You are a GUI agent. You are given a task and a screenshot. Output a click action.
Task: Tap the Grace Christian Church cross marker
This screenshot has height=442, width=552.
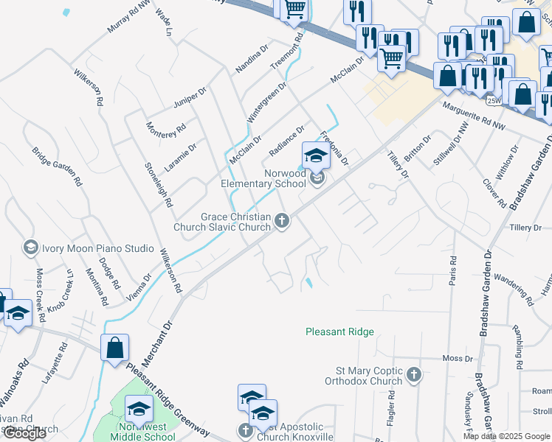coord(281,220)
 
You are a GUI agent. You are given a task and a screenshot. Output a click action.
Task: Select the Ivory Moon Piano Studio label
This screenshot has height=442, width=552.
coord(93,248)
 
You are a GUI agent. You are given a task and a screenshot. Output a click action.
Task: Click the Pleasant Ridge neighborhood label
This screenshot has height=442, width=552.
coord(339,332)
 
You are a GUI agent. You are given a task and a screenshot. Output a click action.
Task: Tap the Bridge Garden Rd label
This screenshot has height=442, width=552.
coord(56,166)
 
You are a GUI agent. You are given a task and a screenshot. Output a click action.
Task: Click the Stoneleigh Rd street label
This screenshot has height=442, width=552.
coord(158,184)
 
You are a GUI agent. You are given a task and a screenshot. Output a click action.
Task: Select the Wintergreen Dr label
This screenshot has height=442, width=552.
coord(266,102)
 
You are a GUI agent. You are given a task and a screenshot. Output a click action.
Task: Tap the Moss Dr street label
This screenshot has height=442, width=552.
coord(457,358)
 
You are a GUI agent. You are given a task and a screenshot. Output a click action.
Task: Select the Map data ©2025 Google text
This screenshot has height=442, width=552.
coord(506,436)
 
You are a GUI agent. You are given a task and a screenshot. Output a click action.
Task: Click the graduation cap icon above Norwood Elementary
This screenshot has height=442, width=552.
coord(314,155)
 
